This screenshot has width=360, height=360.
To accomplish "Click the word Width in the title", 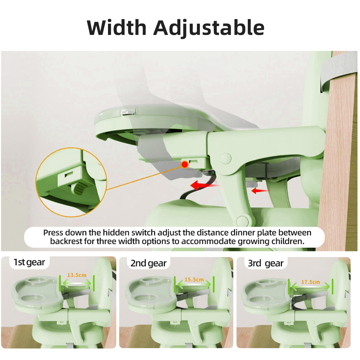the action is coord(117,27).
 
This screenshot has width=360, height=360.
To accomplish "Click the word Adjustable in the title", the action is coord(209,28).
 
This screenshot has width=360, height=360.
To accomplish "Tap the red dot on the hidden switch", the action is coord(185,165).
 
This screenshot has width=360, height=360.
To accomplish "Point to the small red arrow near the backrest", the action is coord(260,190).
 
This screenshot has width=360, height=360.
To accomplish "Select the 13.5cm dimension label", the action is coord(77,275).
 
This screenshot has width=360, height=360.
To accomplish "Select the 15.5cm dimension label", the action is coord(194,280).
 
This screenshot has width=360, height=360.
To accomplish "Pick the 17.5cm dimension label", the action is coord(310,282).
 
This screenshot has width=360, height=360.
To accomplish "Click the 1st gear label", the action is coord(29,262).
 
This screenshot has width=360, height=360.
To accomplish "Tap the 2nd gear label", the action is coord(148,264).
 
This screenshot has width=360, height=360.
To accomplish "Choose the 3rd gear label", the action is coord(266,264).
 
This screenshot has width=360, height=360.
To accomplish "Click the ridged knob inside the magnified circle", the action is coord(79,188).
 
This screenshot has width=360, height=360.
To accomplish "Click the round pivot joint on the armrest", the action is coord(226,158).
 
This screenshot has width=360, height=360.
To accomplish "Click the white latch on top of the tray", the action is coord(127,112).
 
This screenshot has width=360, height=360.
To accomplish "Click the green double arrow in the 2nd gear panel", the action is coord(194,285).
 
